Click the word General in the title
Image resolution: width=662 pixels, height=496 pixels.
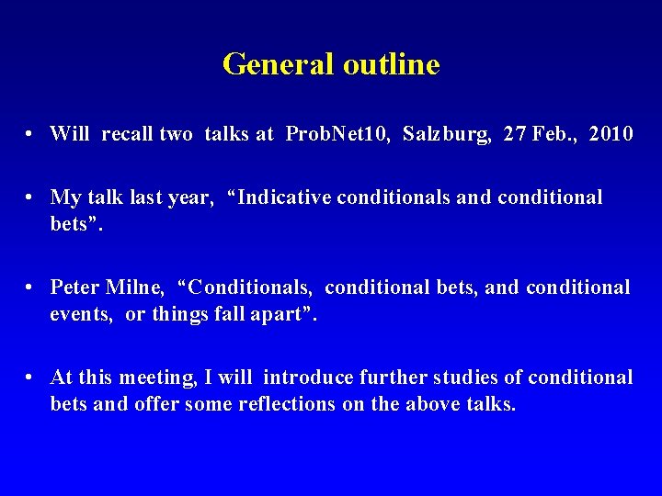(x=279, y=64)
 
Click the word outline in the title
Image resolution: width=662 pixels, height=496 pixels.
(x=391, y=64)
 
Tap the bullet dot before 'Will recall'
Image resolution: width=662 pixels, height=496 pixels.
(x=31, y=135)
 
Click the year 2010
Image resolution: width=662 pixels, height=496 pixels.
(x=611, y=134)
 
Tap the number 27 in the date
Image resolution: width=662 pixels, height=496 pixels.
(x=515, y=134)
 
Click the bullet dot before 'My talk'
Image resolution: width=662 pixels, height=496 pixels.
(x=31, y=197)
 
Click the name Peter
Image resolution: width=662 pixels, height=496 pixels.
(x=75, y=287)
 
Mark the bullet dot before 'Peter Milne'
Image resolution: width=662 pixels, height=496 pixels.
(x=31, y=288)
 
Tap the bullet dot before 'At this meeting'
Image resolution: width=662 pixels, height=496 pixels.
(x=31, y=378)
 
